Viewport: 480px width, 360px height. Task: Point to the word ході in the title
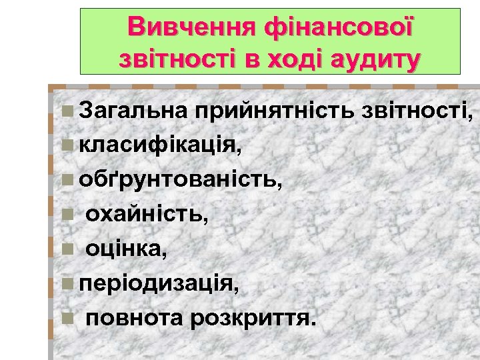(x=294, y=58)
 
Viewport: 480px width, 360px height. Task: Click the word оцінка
(x=127, y=250)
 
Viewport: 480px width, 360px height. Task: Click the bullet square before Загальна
(x=65, y=110)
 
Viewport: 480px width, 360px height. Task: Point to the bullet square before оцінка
(x=65, y=250)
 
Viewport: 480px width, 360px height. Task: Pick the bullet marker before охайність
(x=65, y=215)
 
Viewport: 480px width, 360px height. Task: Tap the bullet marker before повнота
(x=65, y=319)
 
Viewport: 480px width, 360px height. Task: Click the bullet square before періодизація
(x=65, y=285)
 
